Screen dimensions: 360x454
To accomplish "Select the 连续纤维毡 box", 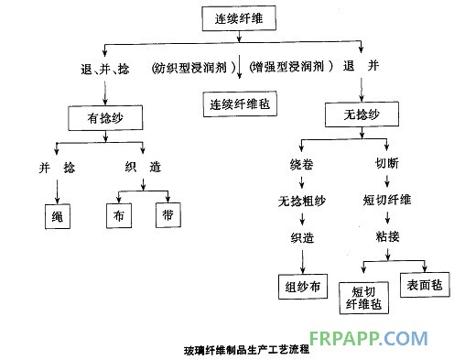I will click(239, 104).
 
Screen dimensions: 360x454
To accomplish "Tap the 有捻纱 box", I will click(105, 118).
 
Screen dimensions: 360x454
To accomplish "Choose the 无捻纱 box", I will click(364, 115).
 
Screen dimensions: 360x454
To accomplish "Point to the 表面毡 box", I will click(424, 285).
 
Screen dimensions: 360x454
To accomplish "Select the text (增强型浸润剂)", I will click(292, 68).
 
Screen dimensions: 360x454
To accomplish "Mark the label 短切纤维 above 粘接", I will click(388, 202).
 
